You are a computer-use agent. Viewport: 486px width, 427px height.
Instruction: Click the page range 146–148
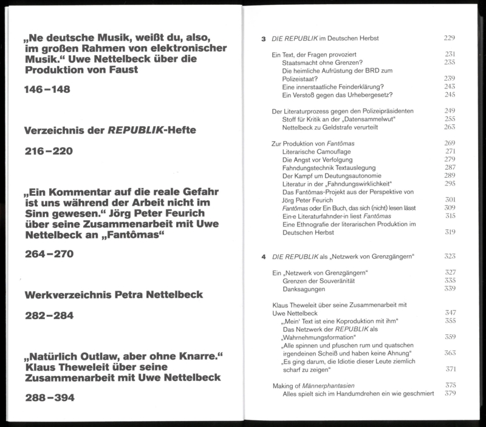pos(47,90)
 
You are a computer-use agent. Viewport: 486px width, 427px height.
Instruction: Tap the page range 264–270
pos(48,254)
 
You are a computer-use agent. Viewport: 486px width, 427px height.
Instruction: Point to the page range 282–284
pos(48,316)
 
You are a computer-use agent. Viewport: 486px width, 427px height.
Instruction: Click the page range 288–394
pos(48,398)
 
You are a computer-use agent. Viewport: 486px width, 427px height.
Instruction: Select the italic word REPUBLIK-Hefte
pos(151,131)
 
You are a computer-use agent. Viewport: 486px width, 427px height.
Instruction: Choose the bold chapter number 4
pos(263,257)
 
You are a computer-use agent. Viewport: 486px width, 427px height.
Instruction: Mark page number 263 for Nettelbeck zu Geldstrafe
pos(450,127)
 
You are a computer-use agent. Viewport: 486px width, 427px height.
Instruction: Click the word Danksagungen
pos(306,289)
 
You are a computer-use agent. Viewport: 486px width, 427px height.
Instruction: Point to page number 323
pos(450,257)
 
